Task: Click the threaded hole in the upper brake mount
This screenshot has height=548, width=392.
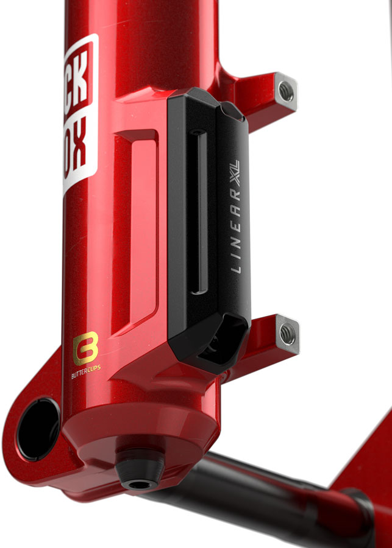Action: [286, 91]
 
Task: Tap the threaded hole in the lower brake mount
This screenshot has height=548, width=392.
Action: [287, 333]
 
